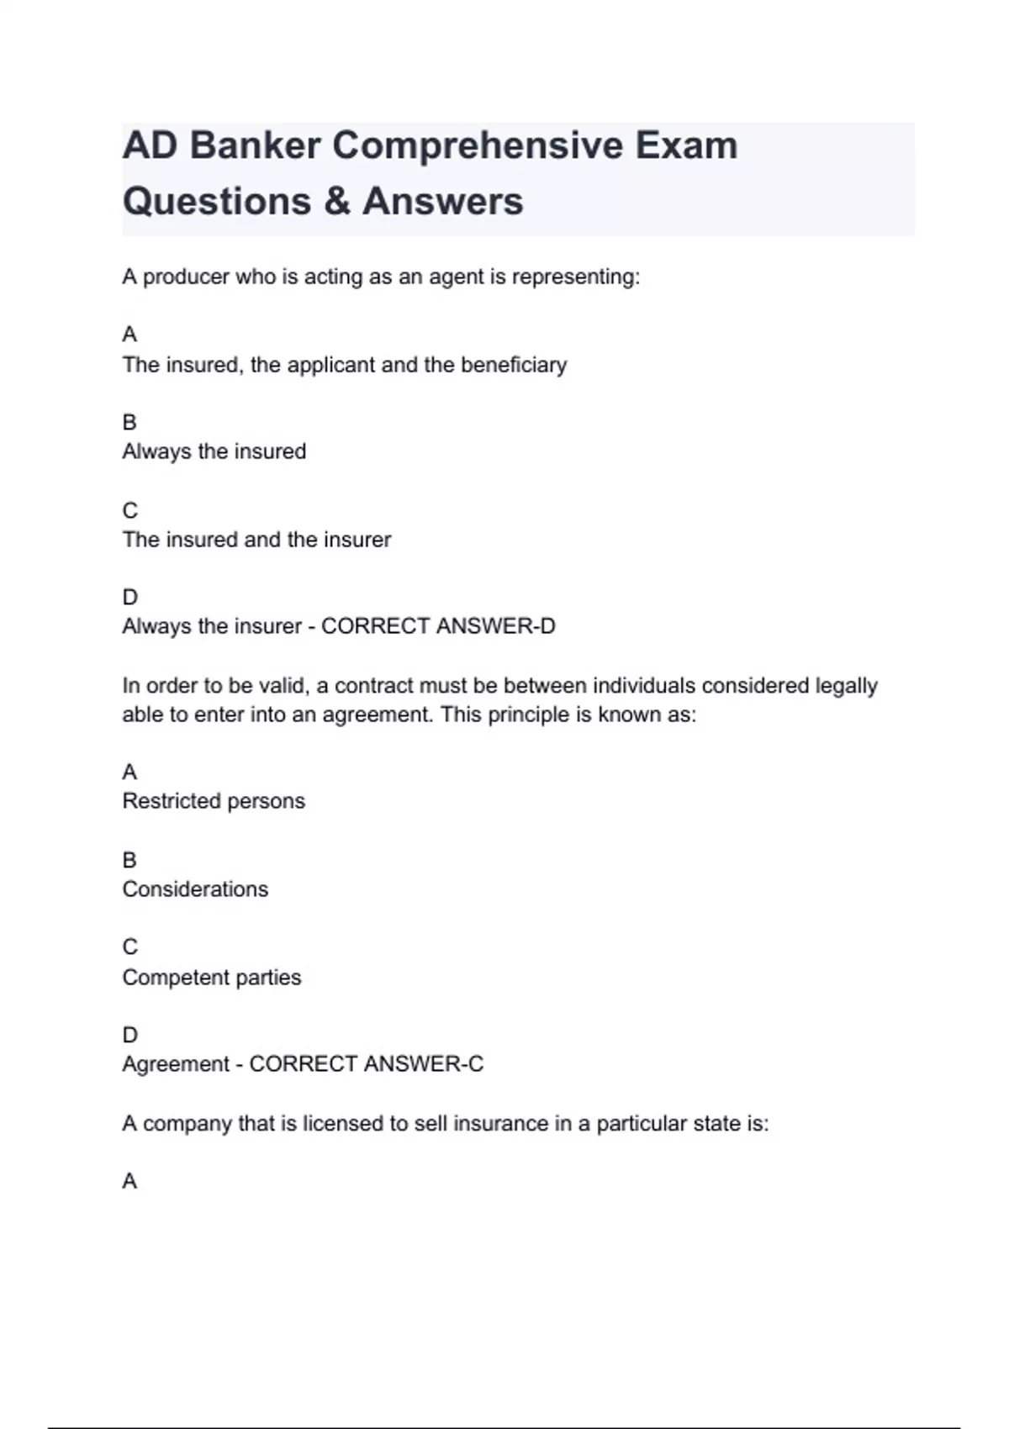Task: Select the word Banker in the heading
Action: coord(255,146)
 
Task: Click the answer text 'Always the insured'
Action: coord(214,451)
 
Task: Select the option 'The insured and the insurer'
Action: coord(256,540)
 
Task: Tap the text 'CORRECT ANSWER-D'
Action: coord(438,626)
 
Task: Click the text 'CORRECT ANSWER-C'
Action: coord(367,1064)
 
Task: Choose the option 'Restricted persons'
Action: coord(214,801)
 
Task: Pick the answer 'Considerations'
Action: coord(195,889)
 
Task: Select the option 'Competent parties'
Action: coord(211,978)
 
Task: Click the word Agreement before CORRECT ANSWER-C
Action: coord(176,1064)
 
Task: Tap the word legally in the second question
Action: coord(846,686)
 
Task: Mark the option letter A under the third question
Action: coord(129,1182)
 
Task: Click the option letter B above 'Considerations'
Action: coord(129,860)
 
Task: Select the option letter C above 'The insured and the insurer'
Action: coord(129,510)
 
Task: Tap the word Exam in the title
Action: coord(685,146)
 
